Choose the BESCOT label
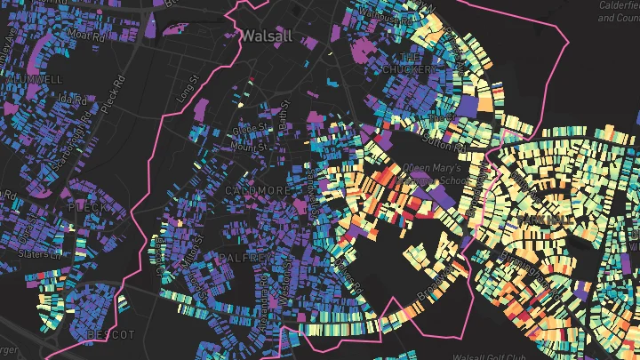coord(110,334)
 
